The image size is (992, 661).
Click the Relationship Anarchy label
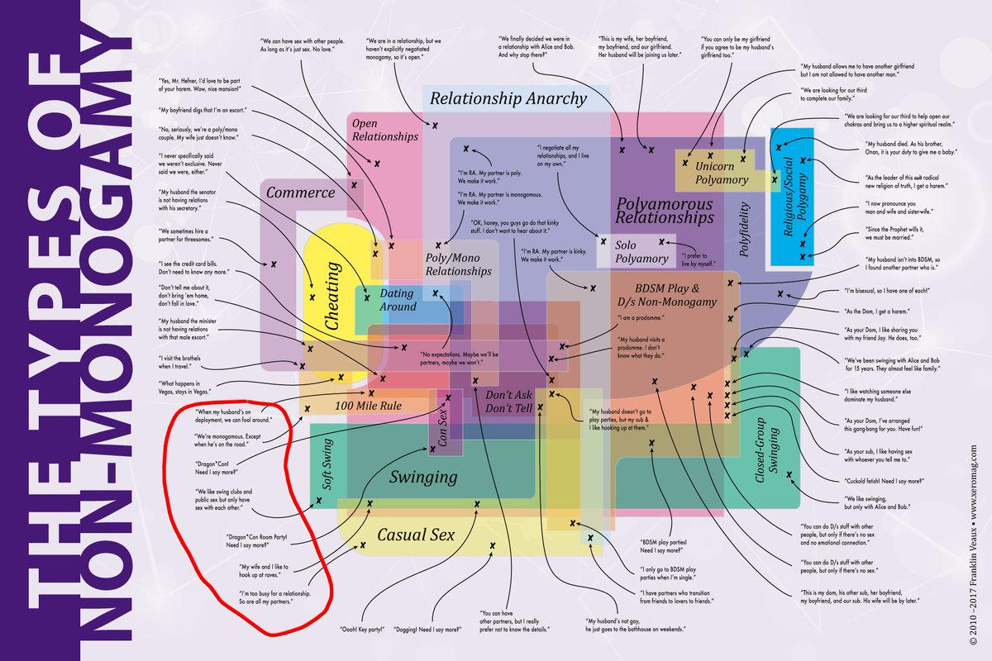pyautogui.click(x=509, y=99)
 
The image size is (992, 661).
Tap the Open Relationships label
pyautogui.click(x=384, y=130)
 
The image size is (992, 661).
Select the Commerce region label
pyautogui.click(x=300, y=193)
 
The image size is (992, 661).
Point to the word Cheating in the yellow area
pyautogui.click(x=332, y=296)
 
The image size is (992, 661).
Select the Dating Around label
pyautogui.click(x=398, y=300)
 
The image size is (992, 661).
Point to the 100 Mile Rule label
pyautogui.click(x=368, y=406)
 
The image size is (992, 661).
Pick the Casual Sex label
pyautogui.click(x=416, y=535)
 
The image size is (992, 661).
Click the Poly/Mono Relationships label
pyautogui.click(x=458, y=264)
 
